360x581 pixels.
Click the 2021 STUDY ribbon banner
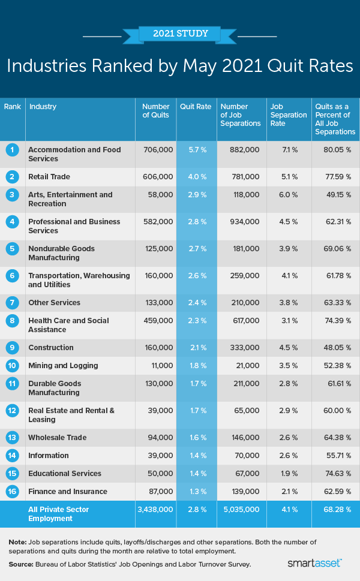(x=180, y=34)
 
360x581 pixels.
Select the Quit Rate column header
(x=196, y=107)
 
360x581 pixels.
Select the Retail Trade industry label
(x=49, y=177)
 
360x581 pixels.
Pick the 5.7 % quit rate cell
(x=196, y=150)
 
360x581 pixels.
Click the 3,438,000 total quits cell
(x=156, y=509)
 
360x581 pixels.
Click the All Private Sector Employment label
(x=59, y=514)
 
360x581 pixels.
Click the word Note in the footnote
(x=17, y=541)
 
